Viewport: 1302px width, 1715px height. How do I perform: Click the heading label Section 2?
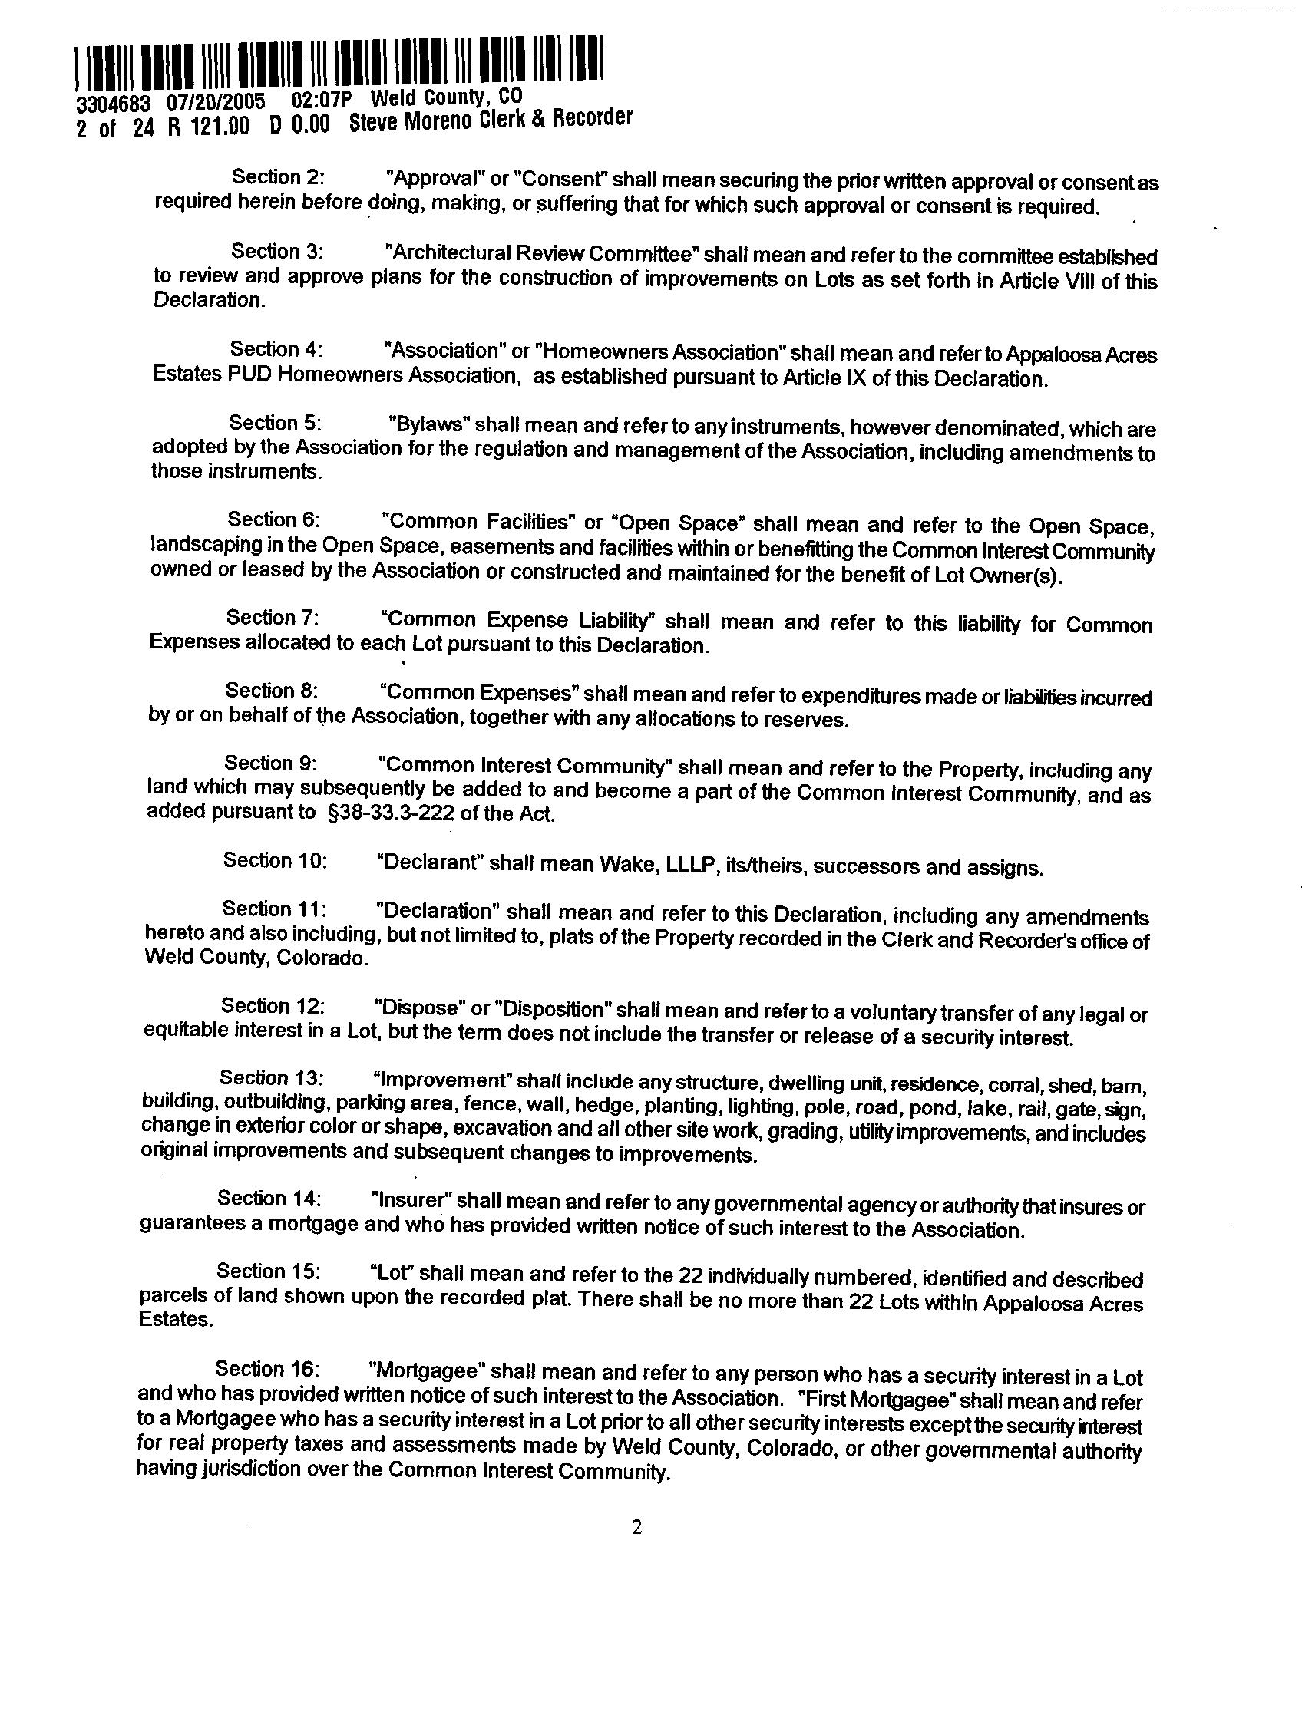point(278,176)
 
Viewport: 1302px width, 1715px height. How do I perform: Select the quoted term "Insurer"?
point(411,1199)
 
